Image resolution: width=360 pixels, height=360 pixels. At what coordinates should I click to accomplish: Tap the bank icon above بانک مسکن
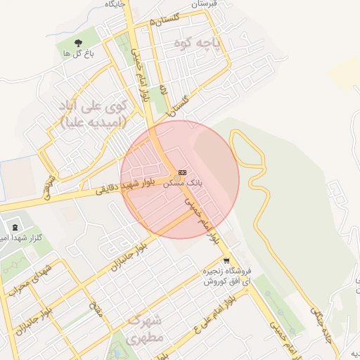pyautogui.click(x=183, y=172)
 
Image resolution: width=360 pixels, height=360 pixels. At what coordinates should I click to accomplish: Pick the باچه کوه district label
pyautogui.click(x=198, y=44)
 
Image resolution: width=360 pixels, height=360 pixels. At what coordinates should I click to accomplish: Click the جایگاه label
pyautogui.click(x=115, y=4)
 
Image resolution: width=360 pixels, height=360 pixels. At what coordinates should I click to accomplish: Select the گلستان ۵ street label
pyautogui.click(x=167, y=18)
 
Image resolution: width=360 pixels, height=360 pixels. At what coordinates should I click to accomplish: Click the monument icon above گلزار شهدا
pyautogui.click(x=15, y=226)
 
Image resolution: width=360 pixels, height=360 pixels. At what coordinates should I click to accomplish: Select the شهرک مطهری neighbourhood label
pyautogui.click(x=146, y=330)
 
